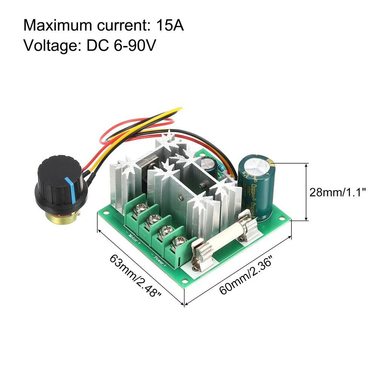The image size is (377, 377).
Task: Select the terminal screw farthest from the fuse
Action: click(142, 207)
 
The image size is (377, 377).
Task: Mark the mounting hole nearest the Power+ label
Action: click(185, 281)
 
